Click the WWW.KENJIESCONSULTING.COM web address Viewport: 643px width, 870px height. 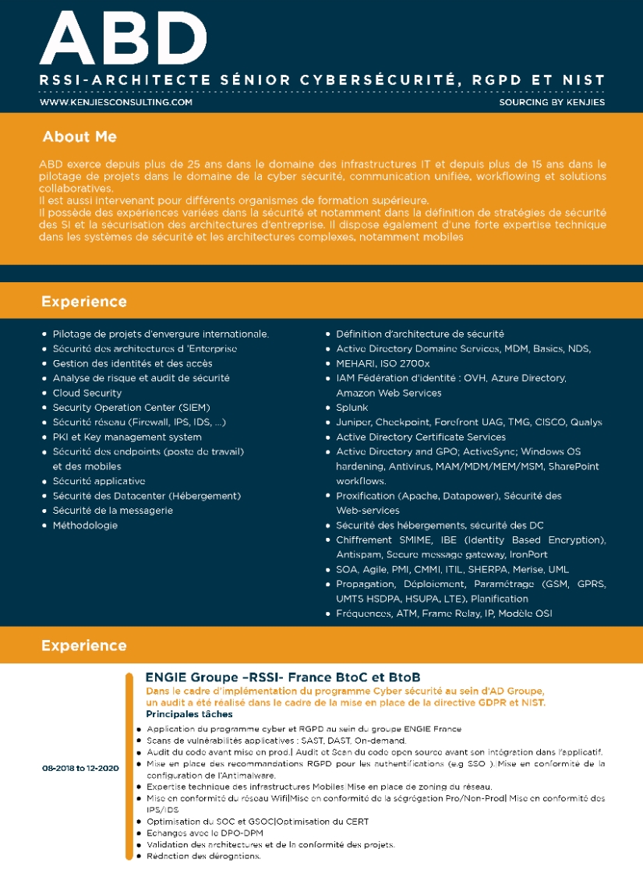click(116, 102)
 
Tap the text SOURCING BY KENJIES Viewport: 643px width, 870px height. click(552, 102)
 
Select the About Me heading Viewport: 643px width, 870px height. click(79, 137)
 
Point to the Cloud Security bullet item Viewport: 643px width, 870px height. click(87, 393)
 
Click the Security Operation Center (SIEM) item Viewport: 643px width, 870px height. click(131, 408)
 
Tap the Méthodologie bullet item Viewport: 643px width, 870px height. click(85, 525)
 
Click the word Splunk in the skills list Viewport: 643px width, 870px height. click(352, 408)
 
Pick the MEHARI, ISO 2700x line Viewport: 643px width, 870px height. click(383, 363)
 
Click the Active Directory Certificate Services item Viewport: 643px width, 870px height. click(421, 437)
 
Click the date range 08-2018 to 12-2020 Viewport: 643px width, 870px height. click(80, 768)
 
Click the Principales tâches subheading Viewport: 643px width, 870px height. click(189, 714)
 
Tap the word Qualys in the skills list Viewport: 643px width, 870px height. click(586, 423)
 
